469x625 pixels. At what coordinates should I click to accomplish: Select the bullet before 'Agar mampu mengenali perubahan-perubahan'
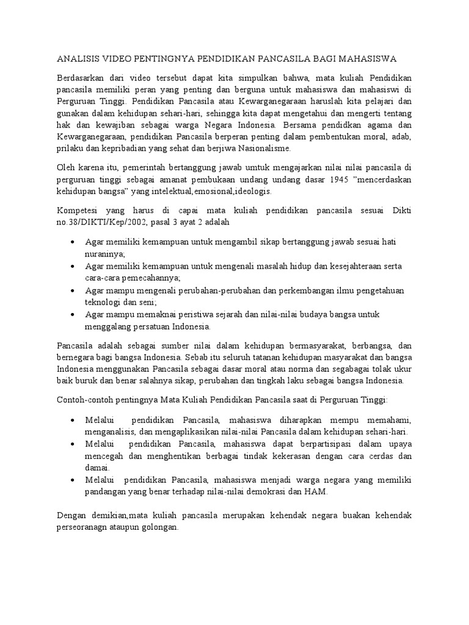[x=73, y=291]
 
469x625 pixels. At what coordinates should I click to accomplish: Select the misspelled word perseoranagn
[x=85, y=527]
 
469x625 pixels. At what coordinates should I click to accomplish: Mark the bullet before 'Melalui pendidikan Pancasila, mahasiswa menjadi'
[x=73, y=480]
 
